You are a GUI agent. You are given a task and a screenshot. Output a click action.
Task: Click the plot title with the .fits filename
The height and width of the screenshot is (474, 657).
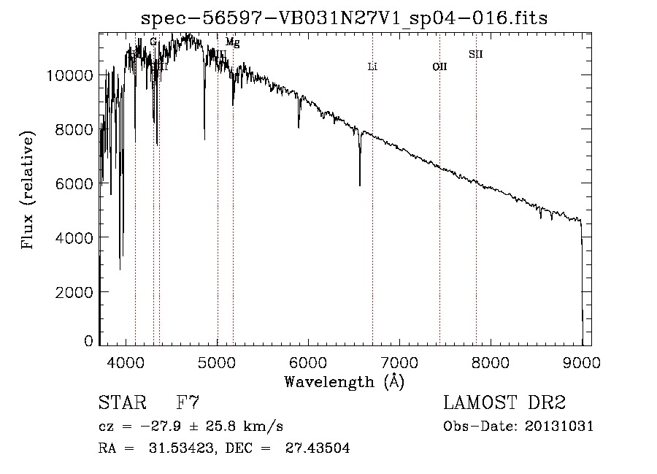[344, 18]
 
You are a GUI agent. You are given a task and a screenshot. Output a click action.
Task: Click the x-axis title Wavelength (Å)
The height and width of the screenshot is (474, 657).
[344, 381]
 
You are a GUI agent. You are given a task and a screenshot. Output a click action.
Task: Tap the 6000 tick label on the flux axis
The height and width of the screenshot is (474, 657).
[75, 183]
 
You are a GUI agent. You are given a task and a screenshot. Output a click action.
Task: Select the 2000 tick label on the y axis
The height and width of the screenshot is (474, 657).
[75, 291]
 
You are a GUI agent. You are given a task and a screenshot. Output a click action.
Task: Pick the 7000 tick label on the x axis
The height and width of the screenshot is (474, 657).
[399, 360]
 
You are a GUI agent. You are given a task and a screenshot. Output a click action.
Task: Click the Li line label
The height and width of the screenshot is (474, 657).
[372, 66]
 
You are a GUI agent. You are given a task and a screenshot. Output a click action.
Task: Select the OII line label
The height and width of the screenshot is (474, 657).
[439, 66]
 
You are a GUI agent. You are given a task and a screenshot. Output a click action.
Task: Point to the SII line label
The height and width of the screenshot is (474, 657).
[476, 54]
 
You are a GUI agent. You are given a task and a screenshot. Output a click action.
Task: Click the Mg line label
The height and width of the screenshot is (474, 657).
[232, 42]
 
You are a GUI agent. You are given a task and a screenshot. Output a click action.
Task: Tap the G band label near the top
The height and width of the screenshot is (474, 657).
[153, 42]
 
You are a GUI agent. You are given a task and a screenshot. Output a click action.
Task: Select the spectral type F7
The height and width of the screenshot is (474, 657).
[188, 404]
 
